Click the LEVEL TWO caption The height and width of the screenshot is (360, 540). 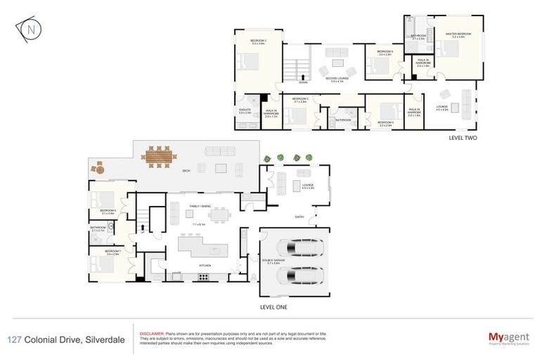click(463, 139)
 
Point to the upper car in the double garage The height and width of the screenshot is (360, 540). click(300, 247)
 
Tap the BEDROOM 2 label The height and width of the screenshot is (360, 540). click(258, 41)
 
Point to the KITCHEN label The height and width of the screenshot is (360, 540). click(205, 264)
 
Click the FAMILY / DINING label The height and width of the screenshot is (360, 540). click(200, 205)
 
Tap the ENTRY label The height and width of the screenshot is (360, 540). click(300, 217)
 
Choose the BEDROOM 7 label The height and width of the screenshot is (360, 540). click(113, 251)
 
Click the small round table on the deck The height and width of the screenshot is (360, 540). click(99, 168)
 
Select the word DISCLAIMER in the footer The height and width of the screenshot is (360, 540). click(153, 333)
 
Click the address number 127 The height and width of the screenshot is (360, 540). click(13, 340)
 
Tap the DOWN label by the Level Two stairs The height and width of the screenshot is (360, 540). click(302, 82)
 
